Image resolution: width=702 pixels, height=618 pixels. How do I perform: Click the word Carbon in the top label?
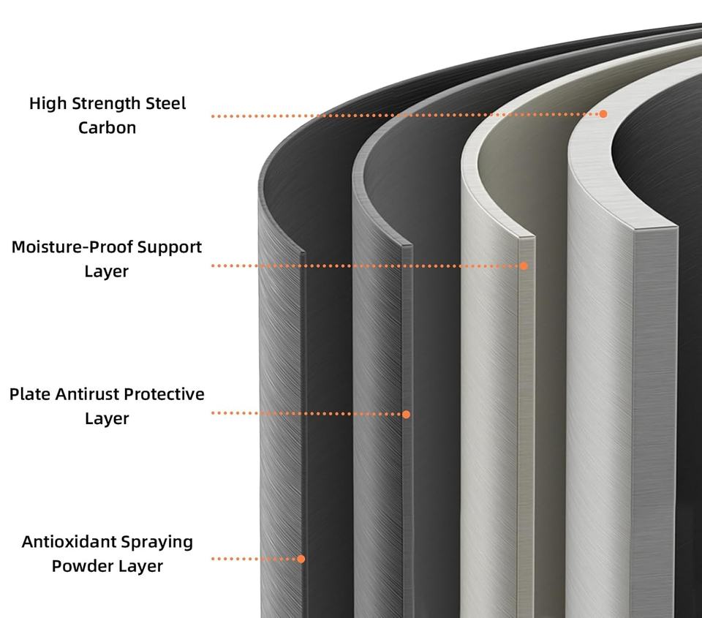(107, 128)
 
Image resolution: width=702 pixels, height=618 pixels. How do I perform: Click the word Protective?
(164, 394)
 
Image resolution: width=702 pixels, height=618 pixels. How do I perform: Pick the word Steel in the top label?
(166, 104)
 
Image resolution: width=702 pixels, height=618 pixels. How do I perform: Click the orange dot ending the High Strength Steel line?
(603, 114)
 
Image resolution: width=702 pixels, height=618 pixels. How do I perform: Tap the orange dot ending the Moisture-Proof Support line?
(524, 265)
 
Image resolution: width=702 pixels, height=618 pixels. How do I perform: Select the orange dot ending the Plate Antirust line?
(407, 414)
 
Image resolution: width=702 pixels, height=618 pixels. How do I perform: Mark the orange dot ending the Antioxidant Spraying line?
(301, 559)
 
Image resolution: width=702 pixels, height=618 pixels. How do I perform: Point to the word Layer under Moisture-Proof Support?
(107, 271)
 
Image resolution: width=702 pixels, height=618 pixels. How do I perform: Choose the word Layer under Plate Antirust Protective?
(107, 418)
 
